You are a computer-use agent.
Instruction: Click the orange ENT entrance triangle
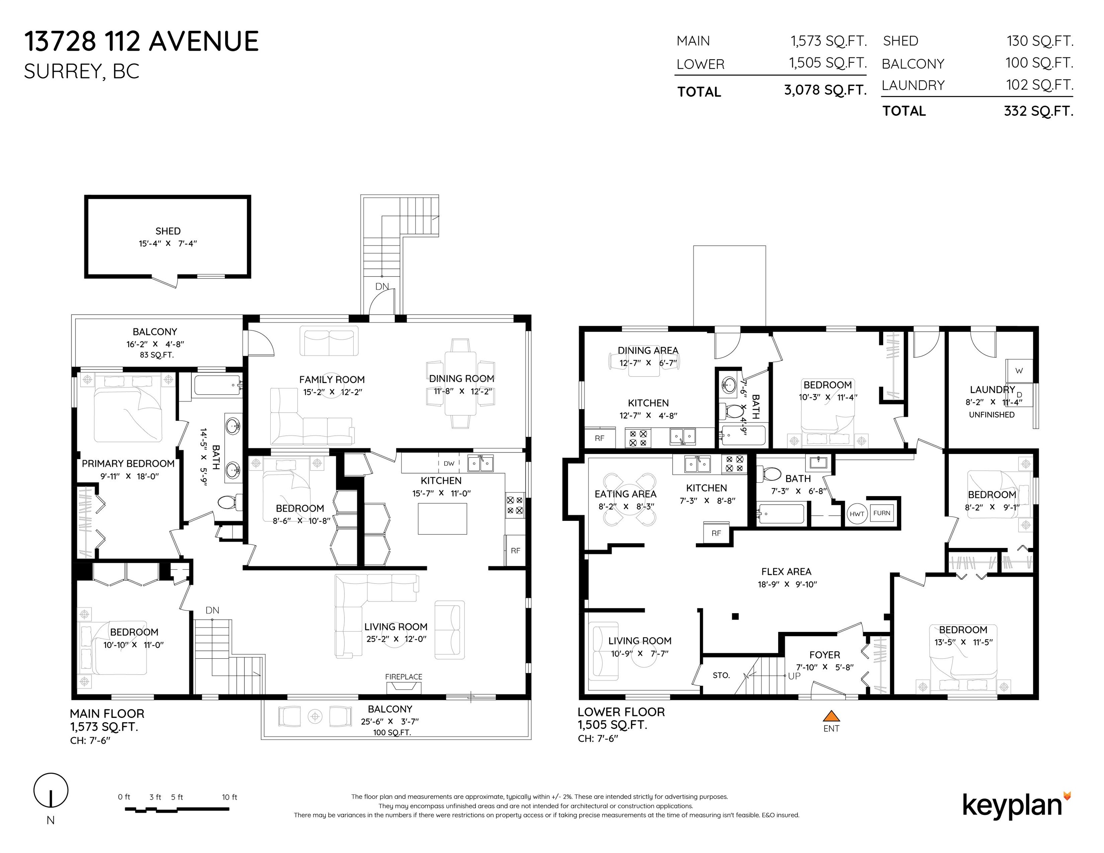[831, 716]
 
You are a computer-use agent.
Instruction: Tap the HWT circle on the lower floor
[857, 514]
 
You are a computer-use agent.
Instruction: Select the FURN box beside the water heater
[881, 513]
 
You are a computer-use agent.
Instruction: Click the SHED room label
[168, 231]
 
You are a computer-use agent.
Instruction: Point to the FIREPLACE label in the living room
[403, 677]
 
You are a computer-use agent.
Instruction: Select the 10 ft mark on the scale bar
[230, 797]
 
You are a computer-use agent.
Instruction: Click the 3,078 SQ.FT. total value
[826, 90]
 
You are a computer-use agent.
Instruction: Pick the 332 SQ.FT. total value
[1039, 111]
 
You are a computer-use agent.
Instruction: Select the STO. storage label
[721, 675]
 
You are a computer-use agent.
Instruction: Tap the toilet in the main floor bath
[229, 503]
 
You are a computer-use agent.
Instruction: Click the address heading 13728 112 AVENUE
[141, 41]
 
